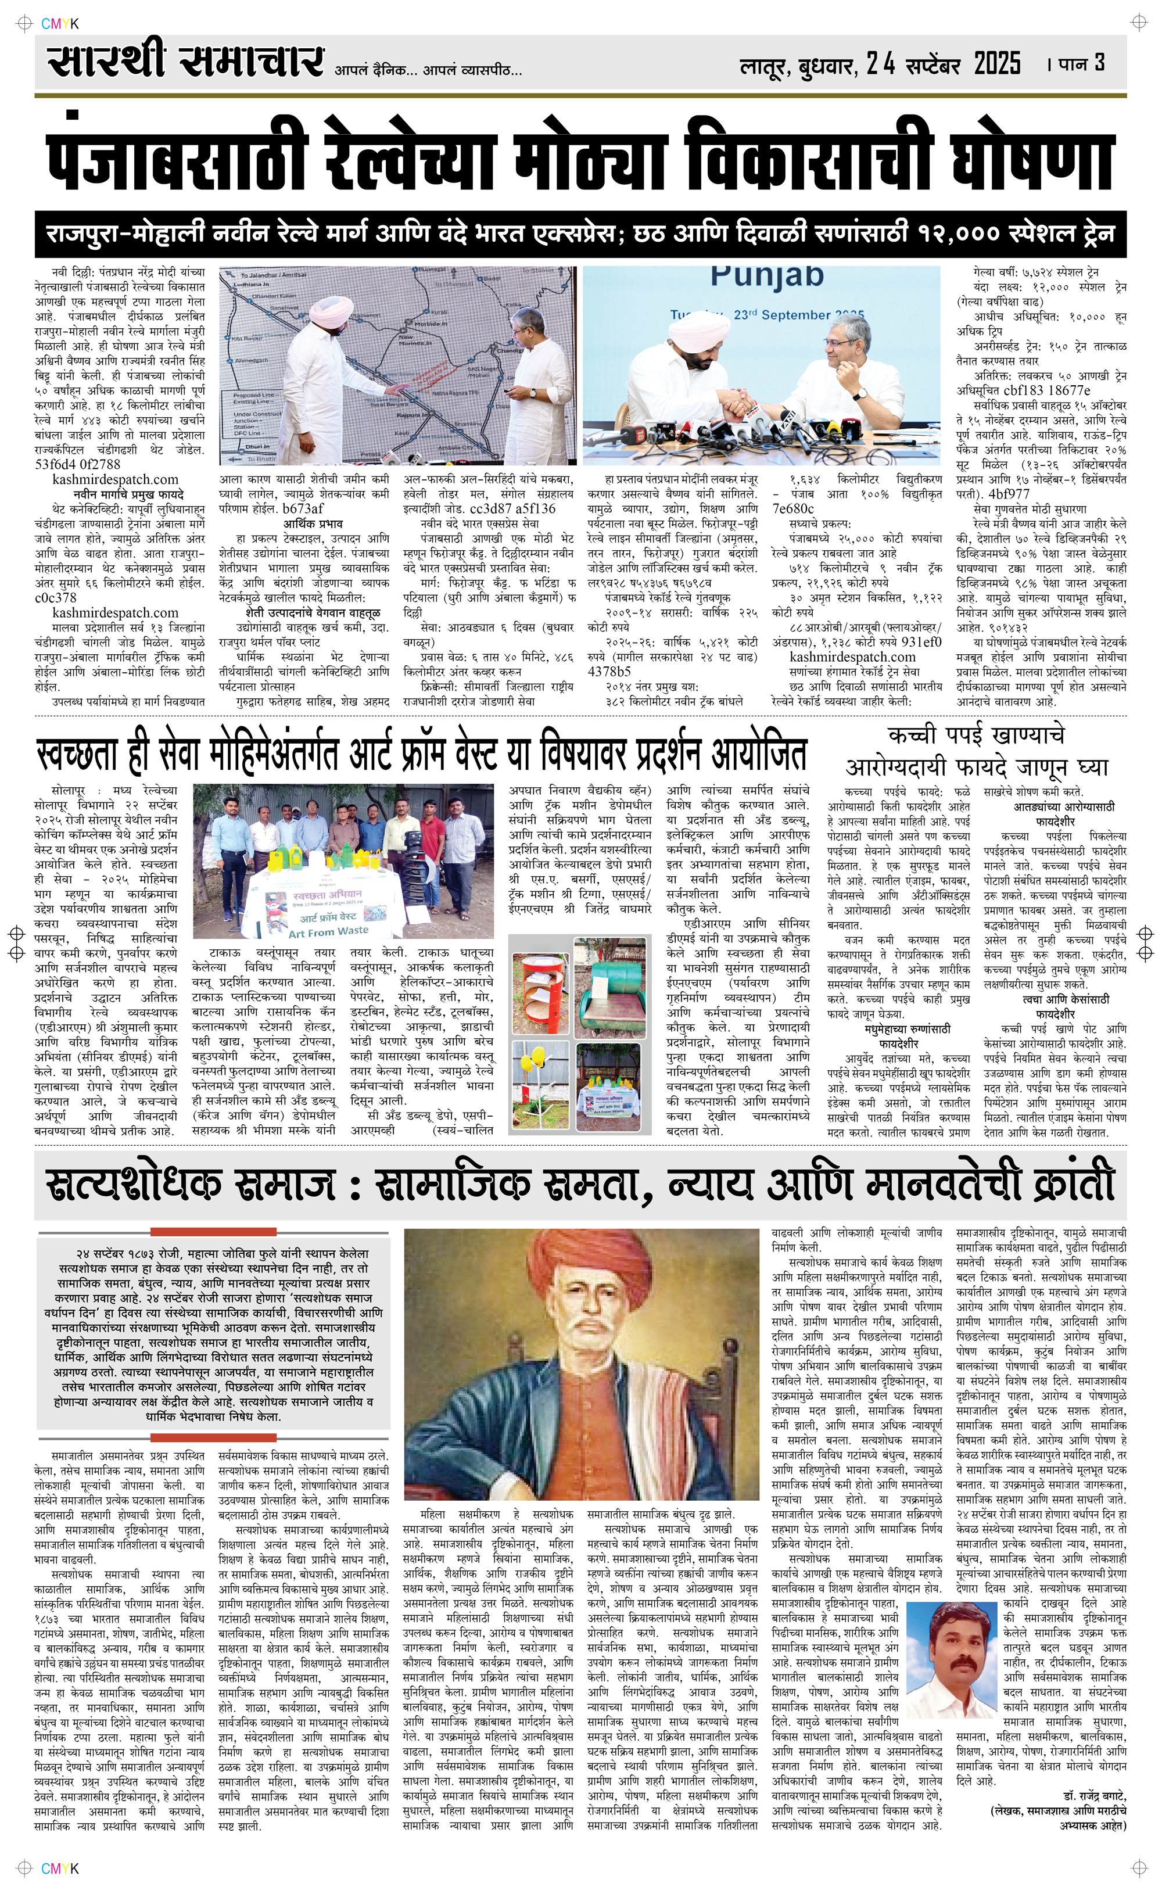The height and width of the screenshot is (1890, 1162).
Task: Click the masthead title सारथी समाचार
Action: click(x=184, y=62)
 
